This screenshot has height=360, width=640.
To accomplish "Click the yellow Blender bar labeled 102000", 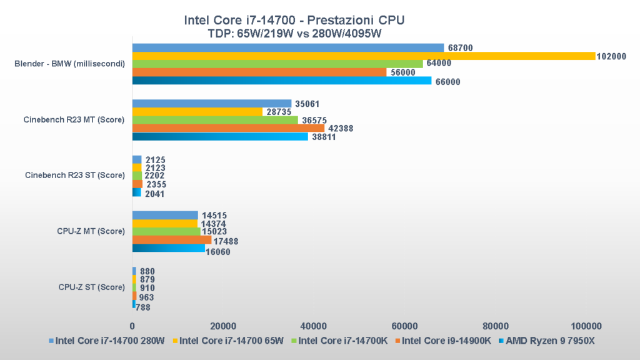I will [x=363, y=56].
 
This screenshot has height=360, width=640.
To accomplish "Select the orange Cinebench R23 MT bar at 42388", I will [x=228, y=128].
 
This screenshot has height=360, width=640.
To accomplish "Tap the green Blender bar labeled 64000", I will [x=277, y=64].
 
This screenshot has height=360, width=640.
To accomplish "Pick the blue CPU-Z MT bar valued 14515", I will [x=165, y=215].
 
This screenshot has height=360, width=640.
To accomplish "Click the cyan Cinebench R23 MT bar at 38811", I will [x=220, y=136].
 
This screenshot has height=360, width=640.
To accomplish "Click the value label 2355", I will [x=156, y=184].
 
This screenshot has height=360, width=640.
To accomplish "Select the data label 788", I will [x=144, y=306].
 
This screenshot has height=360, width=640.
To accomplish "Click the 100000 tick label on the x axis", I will [x=586, y=326].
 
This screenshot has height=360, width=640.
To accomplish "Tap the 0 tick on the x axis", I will [x=132, y=326].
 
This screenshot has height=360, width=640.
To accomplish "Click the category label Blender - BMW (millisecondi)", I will [x=69, y=64].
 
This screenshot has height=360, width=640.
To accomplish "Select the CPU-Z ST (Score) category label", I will [x=92, y=287].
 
